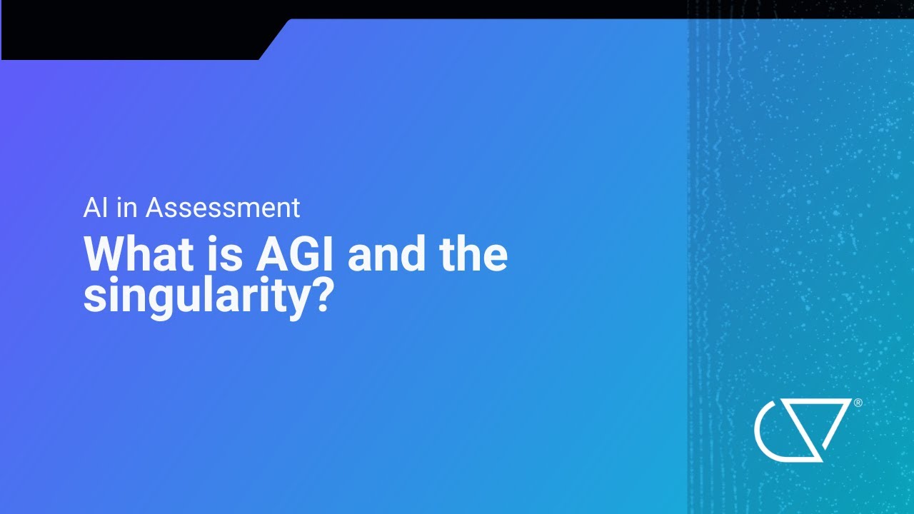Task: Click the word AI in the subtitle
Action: (95, 208)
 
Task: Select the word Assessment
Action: (223, 208)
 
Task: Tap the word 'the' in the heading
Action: (473, 255)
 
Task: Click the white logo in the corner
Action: (803, 430)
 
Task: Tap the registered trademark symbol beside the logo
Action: (858, 403)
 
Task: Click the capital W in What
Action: (106, 255)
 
